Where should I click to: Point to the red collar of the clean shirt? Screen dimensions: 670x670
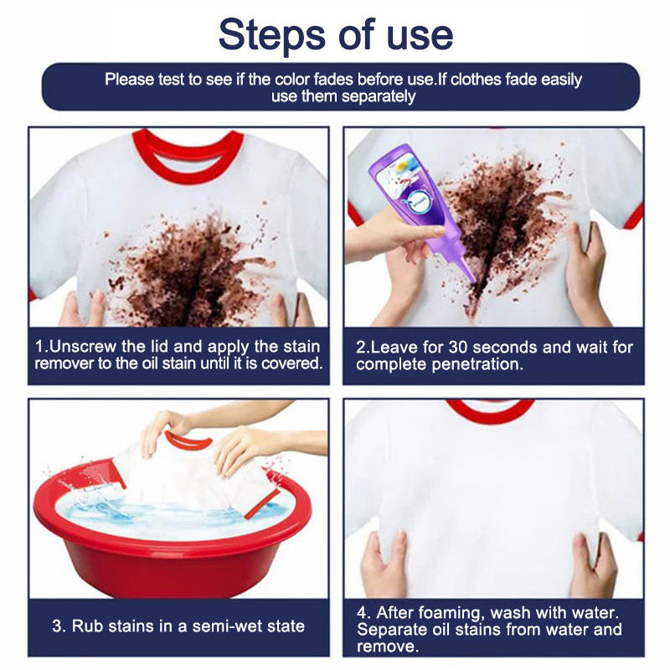490,410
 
